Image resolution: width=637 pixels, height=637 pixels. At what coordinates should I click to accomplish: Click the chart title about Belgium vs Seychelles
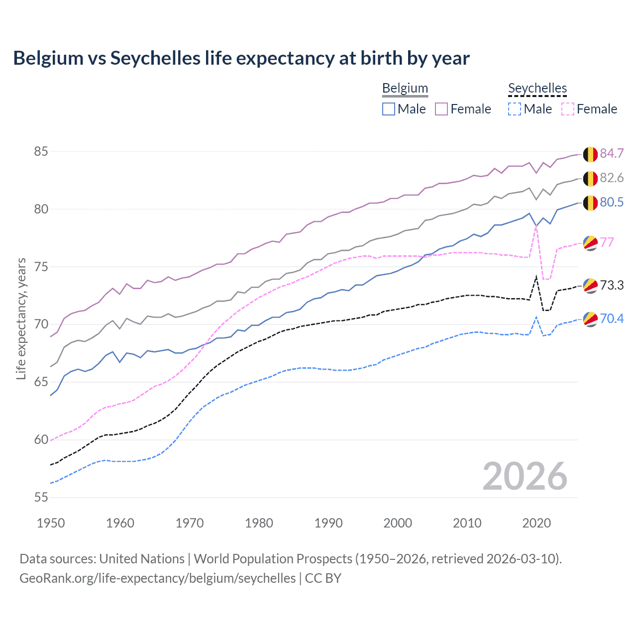coord(241,58)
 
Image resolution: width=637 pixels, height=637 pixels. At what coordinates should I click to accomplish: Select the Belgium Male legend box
coord(389,109)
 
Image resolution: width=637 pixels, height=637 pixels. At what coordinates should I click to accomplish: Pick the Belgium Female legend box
coord(441,109)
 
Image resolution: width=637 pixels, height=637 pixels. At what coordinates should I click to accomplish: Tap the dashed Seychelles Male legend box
coord(515,109)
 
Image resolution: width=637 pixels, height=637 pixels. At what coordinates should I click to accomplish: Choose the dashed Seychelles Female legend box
coord(568,109)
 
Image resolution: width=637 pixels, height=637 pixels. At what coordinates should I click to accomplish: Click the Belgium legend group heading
coord(405,89)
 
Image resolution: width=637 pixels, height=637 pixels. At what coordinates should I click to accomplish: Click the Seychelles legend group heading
coord(537,89)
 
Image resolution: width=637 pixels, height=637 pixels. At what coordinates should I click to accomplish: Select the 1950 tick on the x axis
coord(51,523)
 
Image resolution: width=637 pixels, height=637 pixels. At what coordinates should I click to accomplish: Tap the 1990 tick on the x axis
coord(328,523)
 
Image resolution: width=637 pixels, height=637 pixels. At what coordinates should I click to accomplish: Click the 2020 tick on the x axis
coord(536,523)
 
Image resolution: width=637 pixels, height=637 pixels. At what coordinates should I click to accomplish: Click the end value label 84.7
coord(612,154)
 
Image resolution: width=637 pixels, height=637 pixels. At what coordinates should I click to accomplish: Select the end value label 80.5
coord(612,203)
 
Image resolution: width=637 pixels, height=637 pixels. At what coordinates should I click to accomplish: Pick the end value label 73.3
coord(612,286)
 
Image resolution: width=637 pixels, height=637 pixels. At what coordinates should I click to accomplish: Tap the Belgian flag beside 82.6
coord(590,178)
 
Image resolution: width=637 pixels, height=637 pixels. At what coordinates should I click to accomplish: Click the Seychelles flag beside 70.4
coord(590,319)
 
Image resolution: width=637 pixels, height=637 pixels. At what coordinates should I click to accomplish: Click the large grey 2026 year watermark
coord(525,476)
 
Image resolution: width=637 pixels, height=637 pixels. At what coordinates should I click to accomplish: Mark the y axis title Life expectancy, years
coord(21,318)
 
